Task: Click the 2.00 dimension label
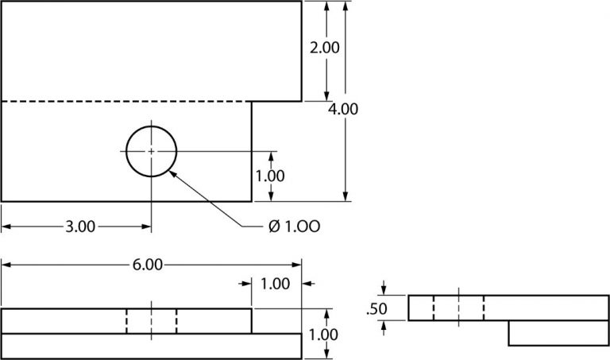[325, 48]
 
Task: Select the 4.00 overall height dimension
[343, 110]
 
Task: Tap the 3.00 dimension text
[80, 226]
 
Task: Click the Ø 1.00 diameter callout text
[295, 226]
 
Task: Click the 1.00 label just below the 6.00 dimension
[276, 284]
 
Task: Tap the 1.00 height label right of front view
[322, 335]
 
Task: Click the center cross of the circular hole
[151, 151]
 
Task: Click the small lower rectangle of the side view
[558, 333]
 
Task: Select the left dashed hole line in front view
[127, 321]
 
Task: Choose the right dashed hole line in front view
[176, 321]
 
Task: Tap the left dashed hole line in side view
[434, 308]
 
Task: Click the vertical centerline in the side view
[459, 308]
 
